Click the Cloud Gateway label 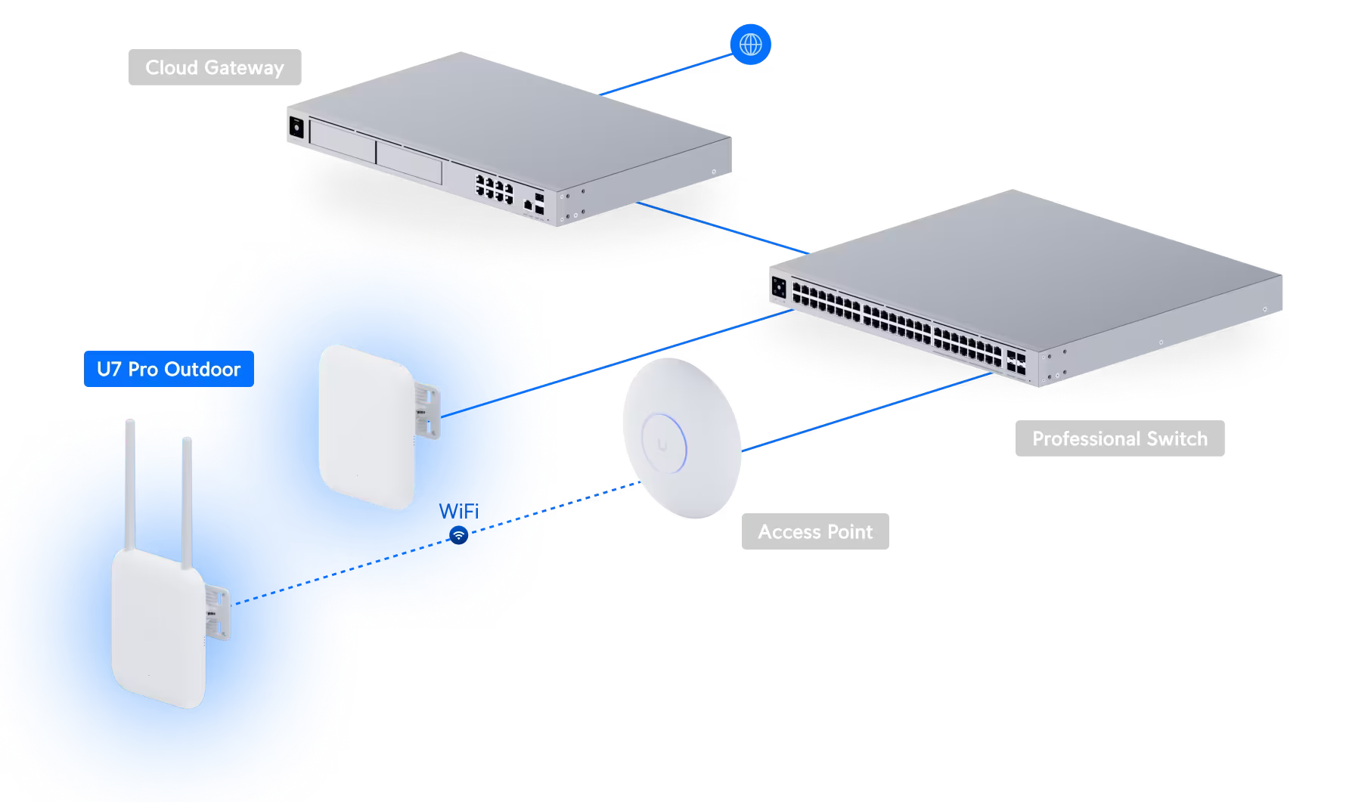pos(215,67)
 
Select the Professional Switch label pos(1119,438)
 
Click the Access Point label pos(815,531)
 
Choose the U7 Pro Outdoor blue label pos(169,369)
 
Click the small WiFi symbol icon pos(458,536)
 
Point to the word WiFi pos(459,512)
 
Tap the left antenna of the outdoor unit pos(129,484)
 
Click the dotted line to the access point pos(590,498)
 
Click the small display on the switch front pos(778,288)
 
